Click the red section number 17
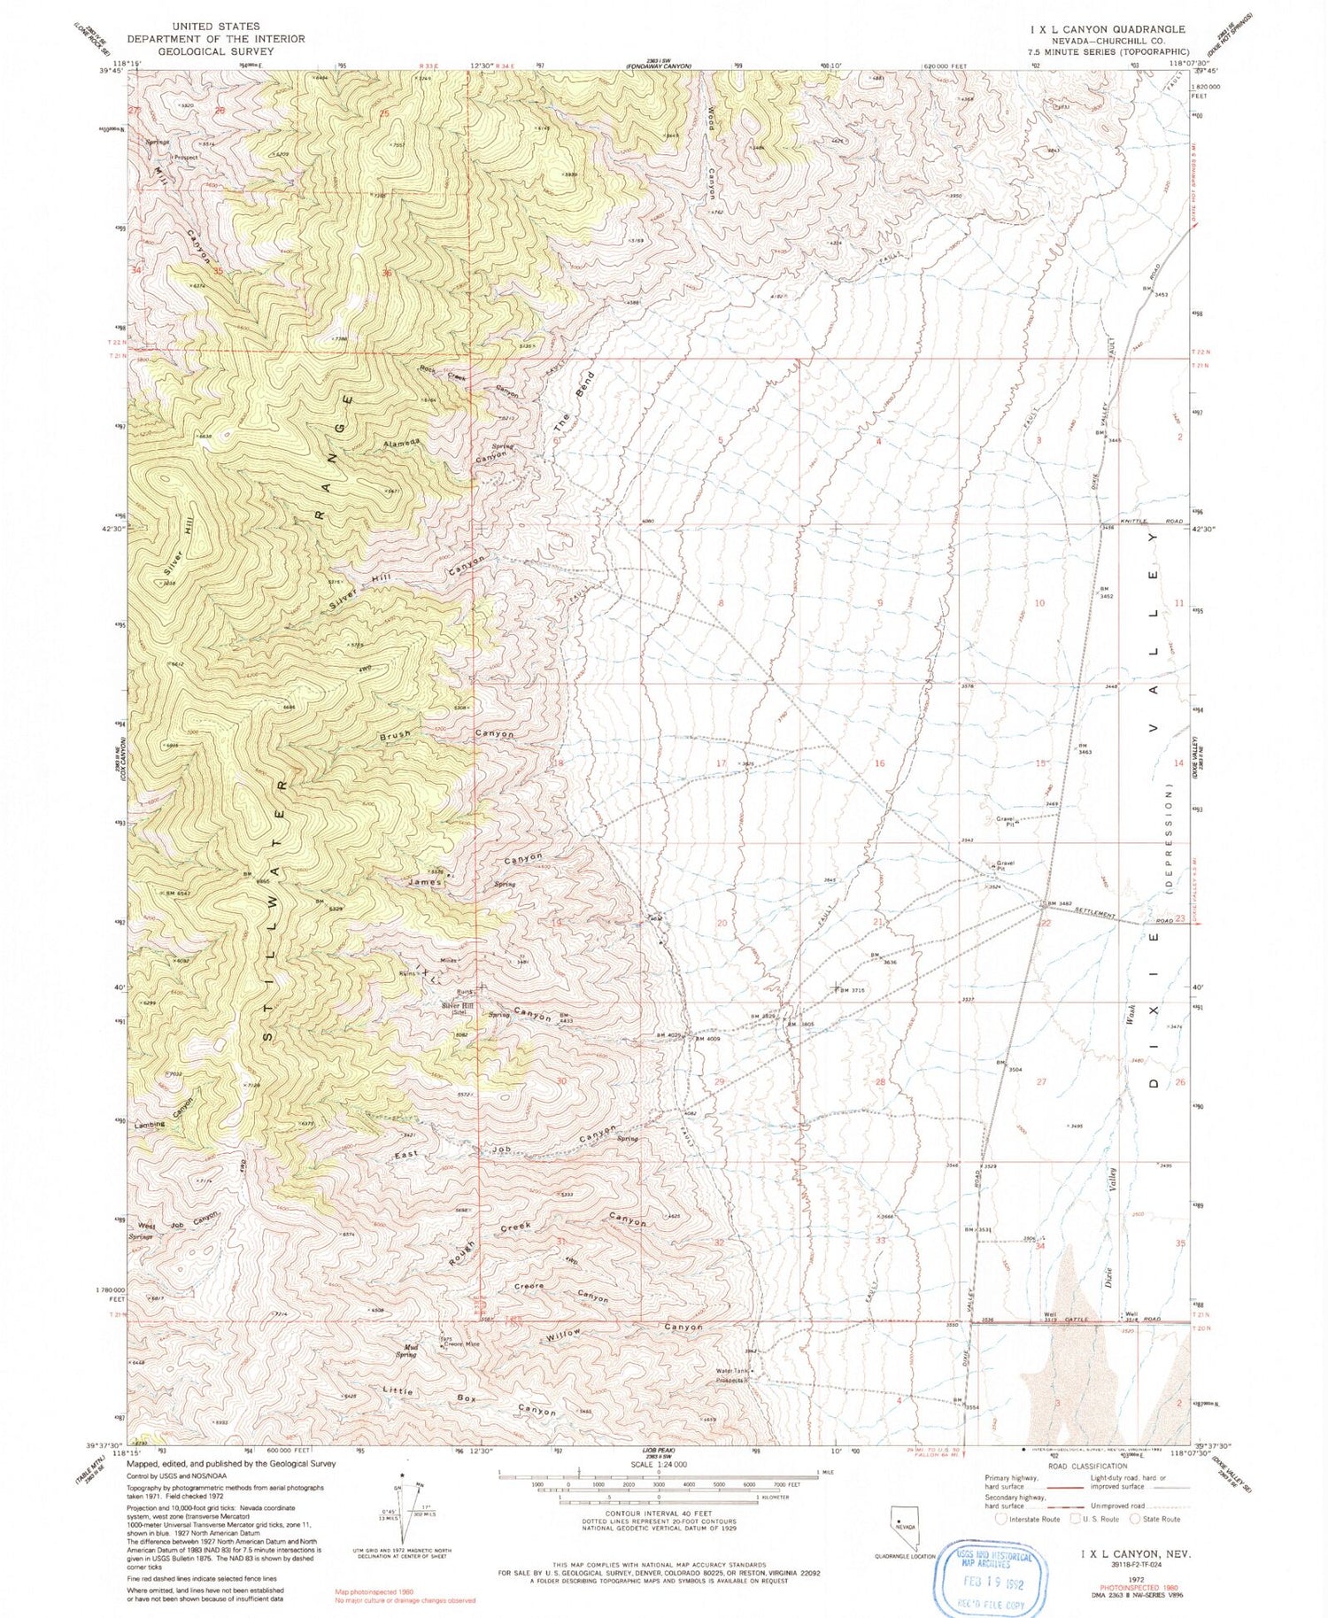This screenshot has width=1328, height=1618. pos(722,763)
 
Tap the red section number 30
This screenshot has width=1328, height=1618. pos(560,1081)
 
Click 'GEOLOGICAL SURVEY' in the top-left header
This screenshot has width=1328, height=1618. pos(217,51)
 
